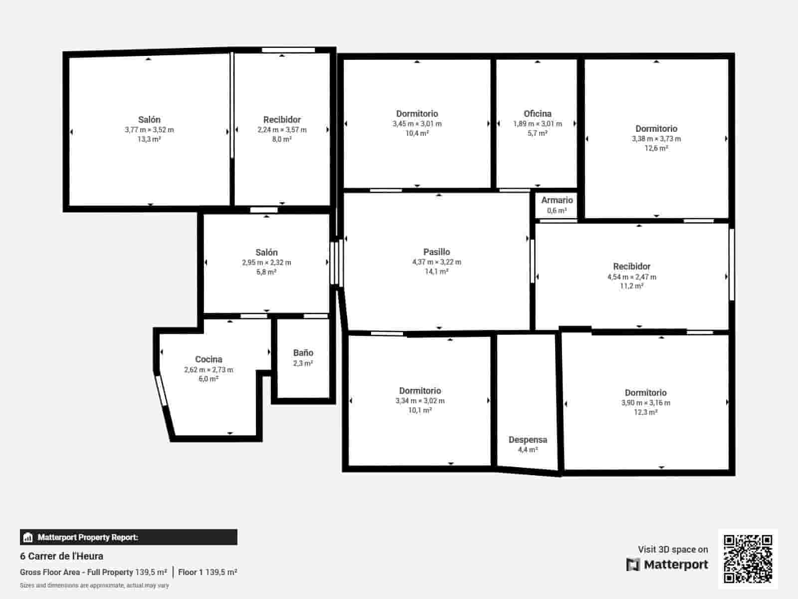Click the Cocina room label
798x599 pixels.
(x=208, y=359)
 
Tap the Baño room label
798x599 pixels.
(x=303, y=353)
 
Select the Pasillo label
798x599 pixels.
(x=436, y=252)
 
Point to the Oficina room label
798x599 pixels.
(x=537, y=114)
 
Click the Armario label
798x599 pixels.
(x=557, y=200)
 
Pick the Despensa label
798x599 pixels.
(x=528, y=440)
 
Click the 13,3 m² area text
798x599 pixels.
(x=149, y=139)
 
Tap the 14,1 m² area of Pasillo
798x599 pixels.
(x=436, y=272)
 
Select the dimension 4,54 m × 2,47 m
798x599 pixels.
(x=631, y=277)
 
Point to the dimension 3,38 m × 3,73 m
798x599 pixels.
(x=656, y=139)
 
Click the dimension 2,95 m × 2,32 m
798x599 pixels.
(x=266, y=263)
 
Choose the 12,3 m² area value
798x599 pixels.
(x=645, y=412)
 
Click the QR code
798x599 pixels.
(x=748, y=559)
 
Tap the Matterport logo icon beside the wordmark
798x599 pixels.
(x=633, y=565)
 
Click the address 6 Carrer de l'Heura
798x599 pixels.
(x=62, y=556)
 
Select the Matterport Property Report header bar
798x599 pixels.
(x=128, y=537)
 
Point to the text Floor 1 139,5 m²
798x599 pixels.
(x=207, y=572)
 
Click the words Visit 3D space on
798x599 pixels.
(x=673, y=550)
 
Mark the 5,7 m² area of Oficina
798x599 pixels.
(x=537, y=133)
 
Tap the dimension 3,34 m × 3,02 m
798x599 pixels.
(x=420, y=401)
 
